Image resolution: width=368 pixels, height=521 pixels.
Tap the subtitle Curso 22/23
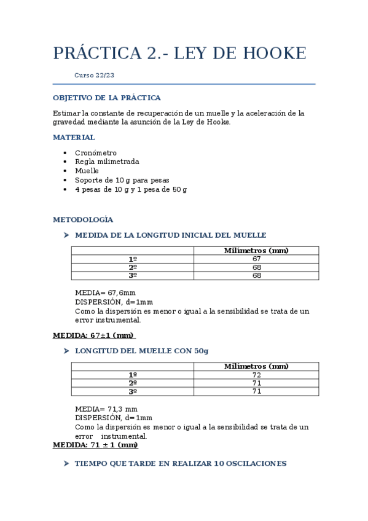[94, 76]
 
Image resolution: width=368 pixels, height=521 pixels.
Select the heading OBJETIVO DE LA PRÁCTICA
[106, 98]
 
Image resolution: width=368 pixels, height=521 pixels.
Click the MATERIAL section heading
[74, 138]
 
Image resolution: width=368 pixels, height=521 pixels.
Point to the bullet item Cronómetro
[95, 153]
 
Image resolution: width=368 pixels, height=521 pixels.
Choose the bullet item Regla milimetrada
[106, 162]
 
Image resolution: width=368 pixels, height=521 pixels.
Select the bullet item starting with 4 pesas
[130, 189]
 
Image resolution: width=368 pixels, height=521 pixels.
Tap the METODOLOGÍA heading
[83, 219]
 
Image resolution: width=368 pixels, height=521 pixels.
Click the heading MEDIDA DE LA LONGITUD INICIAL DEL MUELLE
[170, 235]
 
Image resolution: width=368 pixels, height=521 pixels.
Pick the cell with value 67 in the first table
[256, 259]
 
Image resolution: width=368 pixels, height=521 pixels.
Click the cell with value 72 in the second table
[256, 375]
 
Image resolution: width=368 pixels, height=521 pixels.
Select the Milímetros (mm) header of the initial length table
[256, 251]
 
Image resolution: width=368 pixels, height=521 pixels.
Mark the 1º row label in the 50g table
[132, 375]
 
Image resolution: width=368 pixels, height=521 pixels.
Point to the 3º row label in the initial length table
[132, 276]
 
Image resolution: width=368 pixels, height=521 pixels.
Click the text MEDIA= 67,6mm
[105, 293]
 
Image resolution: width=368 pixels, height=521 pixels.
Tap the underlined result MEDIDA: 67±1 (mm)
[93, 335]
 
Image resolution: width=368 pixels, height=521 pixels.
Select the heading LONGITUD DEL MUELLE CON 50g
[141, 351]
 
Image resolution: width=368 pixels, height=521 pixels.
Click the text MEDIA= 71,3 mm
[106, 409]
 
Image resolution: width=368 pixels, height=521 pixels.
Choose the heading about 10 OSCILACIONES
[180, 464]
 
